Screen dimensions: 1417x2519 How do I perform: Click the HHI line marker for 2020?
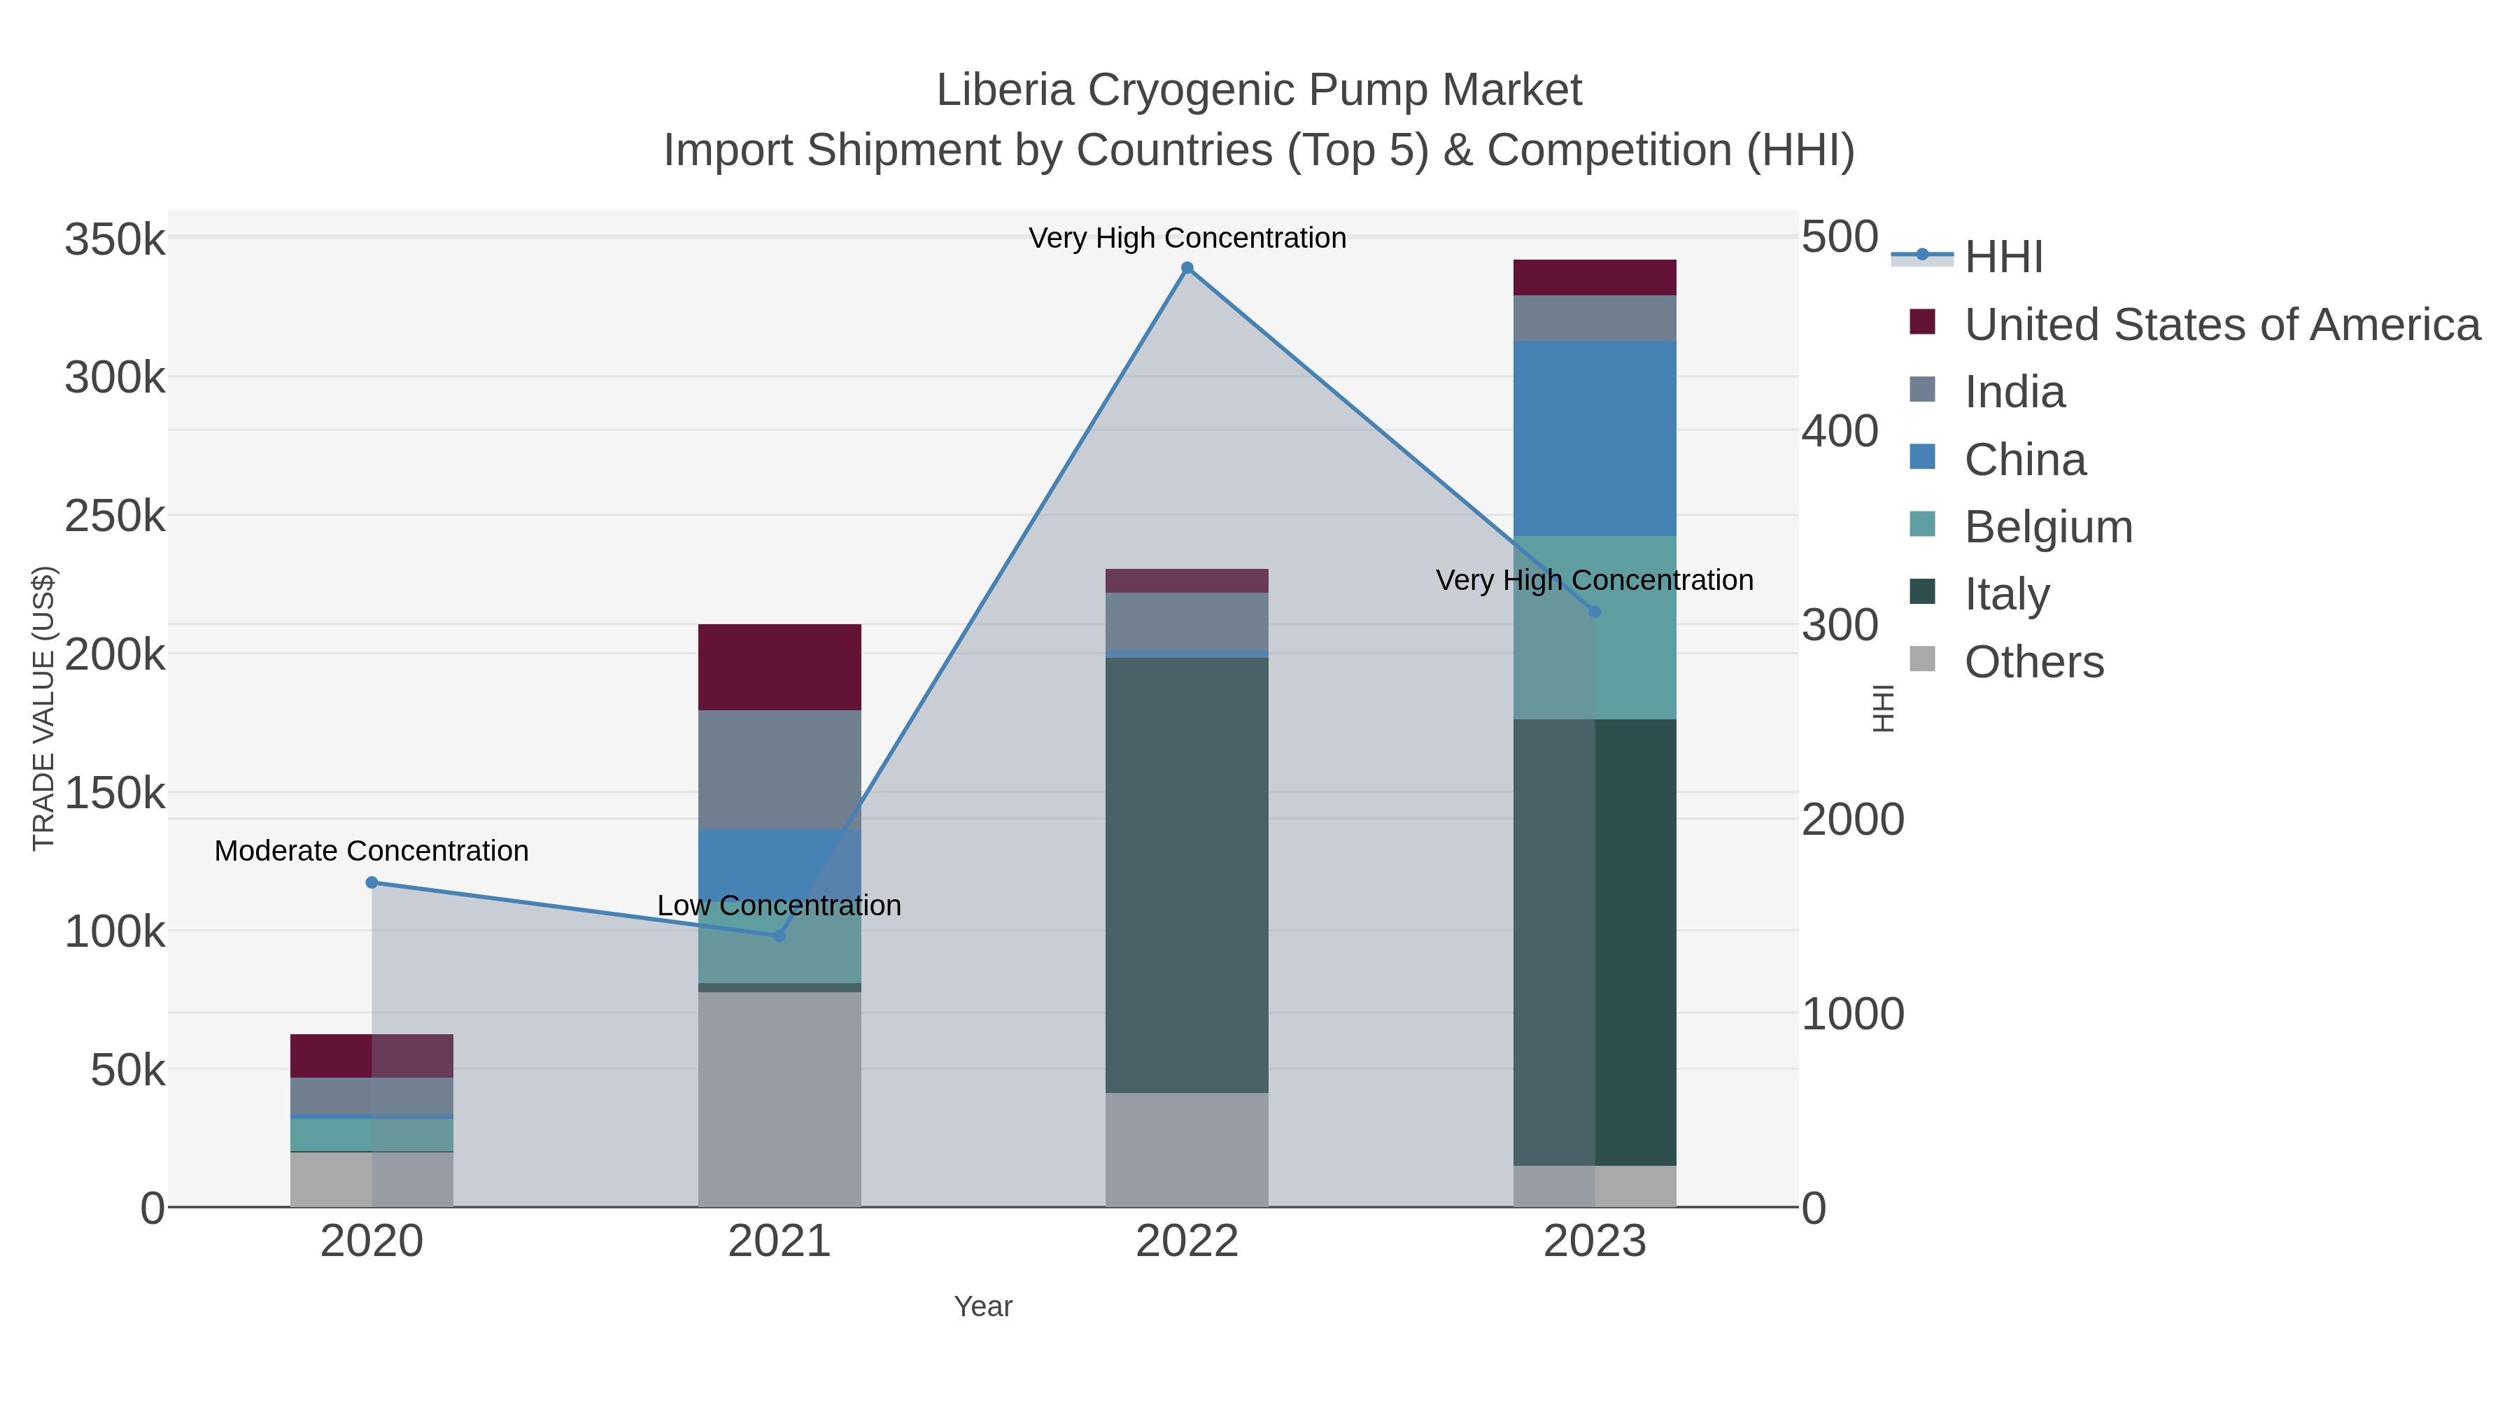coord(372,882)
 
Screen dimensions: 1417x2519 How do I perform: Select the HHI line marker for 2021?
coord(779,936)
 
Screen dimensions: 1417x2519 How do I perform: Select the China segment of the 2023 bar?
coord(1594,438)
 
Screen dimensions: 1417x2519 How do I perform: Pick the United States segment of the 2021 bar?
coord(779,667)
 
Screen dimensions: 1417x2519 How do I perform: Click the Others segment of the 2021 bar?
coord(779,1099)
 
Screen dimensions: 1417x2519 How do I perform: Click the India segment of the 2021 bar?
coord(779,770)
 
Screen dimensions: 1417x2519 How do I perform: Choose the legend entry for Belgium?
coord(2047,527)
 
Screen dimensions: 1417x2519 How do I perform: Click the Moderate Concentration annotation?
coord(372,851)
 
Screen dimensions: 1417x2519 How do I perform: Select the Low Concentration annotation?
coord(779,905)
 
